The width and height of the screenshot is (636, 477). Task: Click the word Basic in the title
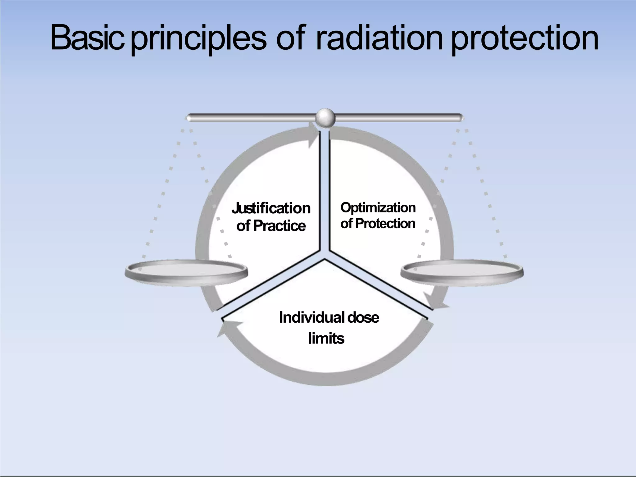87,38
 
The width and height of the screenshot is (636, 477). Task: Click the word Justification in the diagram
271,208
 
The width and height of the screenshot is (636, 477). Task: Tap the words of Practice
271,226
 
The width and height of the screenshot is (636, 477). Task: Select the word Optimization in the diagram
378,208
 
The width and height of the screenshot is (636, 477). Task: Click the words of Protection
378,224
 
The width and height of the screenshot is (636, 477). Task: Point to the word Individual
312,318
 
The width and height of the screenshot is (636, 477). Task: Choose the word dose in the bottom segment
363,318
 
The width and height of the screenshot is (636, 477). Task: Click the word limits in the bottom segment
326,338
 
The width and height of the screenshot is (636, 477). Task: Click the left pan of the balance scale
186,272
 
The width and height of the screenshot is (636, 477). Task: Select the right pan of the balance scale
462,272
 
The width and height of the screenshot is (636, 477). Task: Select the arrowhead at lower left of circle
224,328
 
